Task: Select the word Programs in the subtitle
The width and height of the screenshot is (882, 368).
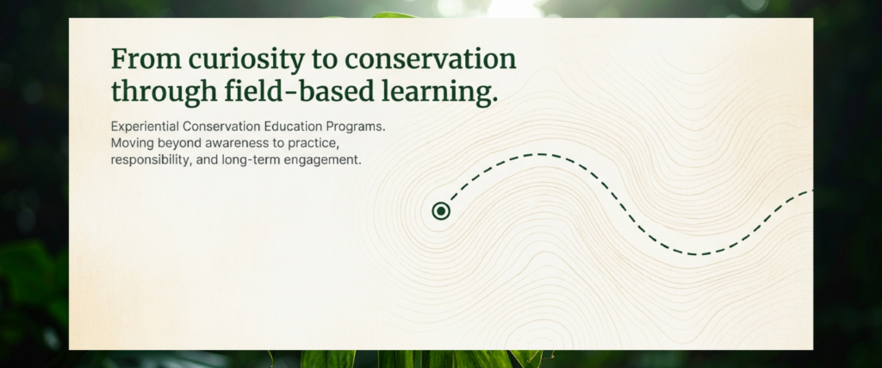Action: click(350, 127)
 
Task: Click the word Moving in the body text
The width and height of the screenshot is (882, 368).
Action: click(128, 143)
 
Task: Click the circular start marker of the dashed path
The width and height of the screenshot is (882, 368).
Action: click(441, 211)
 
